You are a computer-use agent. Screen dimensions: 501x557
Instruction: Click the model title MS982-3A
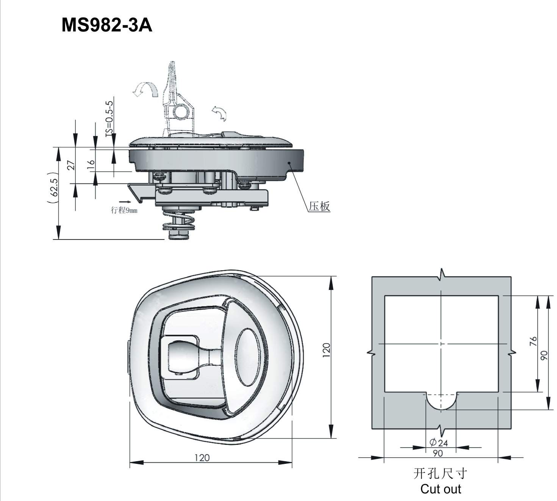[107, 26]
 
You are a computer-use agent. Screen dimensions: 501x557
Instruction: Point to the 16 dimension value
[91, 165]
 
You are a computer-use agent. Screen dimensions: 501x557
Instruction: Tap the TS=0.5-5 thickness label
[109, 117]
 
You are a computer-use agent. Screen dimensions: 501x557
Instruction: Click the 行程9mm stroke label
[124, 210]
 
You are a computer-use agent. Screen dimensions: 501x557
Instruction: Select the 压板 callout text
[319, 207]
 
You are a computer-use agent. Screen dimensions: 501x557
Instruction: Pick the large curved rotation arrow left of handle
[145, 89]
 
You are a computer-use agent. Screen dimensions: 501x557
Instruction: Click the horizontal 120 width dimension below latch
[202, 458]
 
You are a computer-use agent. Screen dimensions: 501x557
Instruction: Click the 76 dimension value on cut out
[533, 342]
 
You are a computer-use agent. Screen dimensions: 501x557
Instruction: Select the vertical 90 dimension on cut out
[544, 355]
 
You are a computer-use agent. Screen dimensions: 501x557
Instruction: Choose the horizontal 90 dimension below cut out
[438, 453]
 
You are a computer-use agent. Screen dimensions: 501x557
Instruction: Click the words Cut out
[441, 489]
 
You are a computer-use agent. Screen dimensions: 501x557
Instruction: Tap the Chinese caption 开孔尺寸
[440, 474]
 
